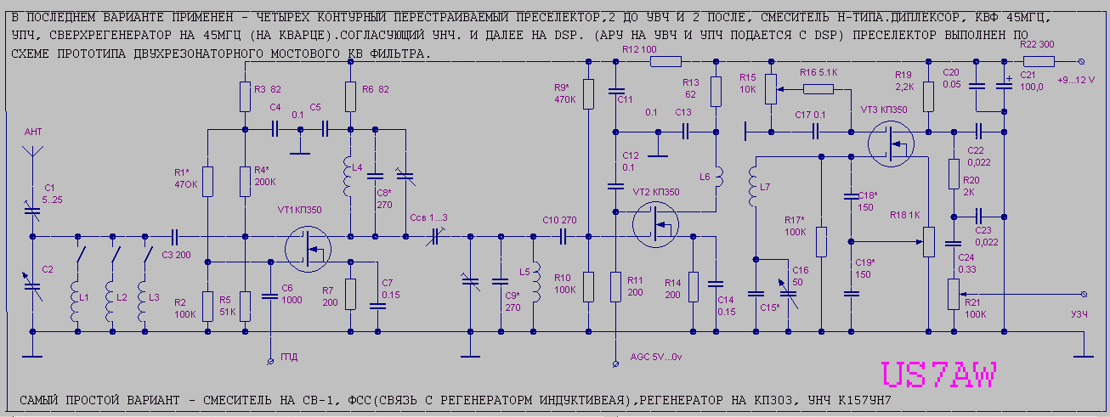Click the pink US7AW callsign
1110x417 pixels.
click(939, 376)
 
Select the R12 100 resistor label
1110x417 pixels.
click(639, 50)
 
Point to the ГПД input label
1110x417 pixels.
click(290, 357)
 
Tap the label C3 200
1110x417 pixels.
click(176, 254)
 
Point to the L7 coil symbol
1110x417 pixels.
click(753, 189)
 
